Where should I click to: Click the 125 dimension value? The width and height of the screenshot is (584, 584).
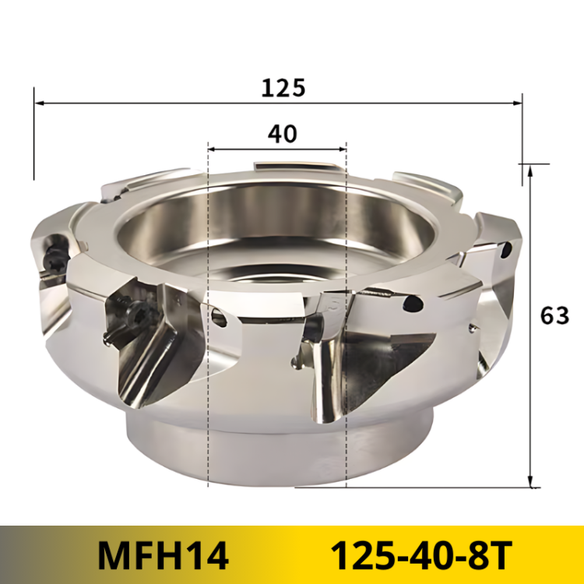[283, 87]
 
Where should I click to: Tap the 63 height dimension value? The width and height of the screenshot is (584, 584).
[554, 315]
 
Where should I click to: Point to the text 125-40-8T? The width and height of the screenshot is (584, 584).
[420, 555]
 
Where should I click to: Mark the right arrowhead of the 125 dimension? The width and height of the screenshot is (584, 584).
[516, 103]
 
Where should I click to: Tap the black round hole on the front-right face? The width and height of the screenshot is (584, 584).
[413, 303]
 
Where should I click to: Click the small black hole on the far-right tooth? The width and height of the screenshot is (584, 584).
[506, 252]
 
